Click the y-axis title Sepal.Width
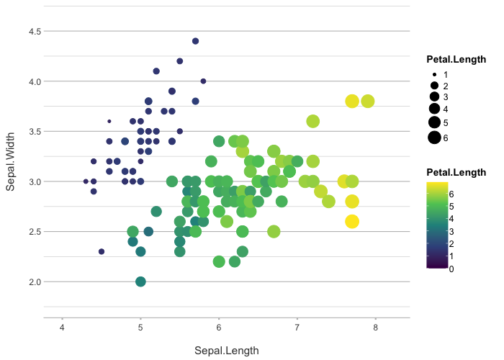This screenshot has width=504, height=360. point(12,166)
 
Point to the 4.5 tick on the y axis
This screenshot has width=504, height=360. point(35,31)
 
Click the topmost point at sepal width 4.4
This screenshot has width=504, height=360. point(195,41)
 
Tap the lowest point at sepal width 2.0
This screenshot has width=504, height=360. point(140,282)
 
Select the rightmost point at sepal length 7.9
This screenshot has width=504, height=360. point(368,101)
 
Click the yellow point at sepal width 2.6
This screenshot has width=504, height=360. point(352,221)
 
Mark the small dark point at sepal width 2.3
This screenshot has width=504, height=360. point(102,251)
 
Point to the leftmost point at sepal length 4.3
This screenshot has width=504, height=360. point(86,181)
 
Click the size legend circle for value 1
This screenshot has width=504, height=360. point(434,74)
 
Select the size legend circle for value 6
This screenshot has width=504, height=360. point(434,138)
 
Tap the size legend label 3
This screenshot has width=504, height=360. point(446,97)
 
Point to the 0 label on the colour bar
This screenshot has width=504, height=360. point(451,269)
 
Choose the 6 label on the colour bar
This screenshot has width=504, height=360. point(451,194)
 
